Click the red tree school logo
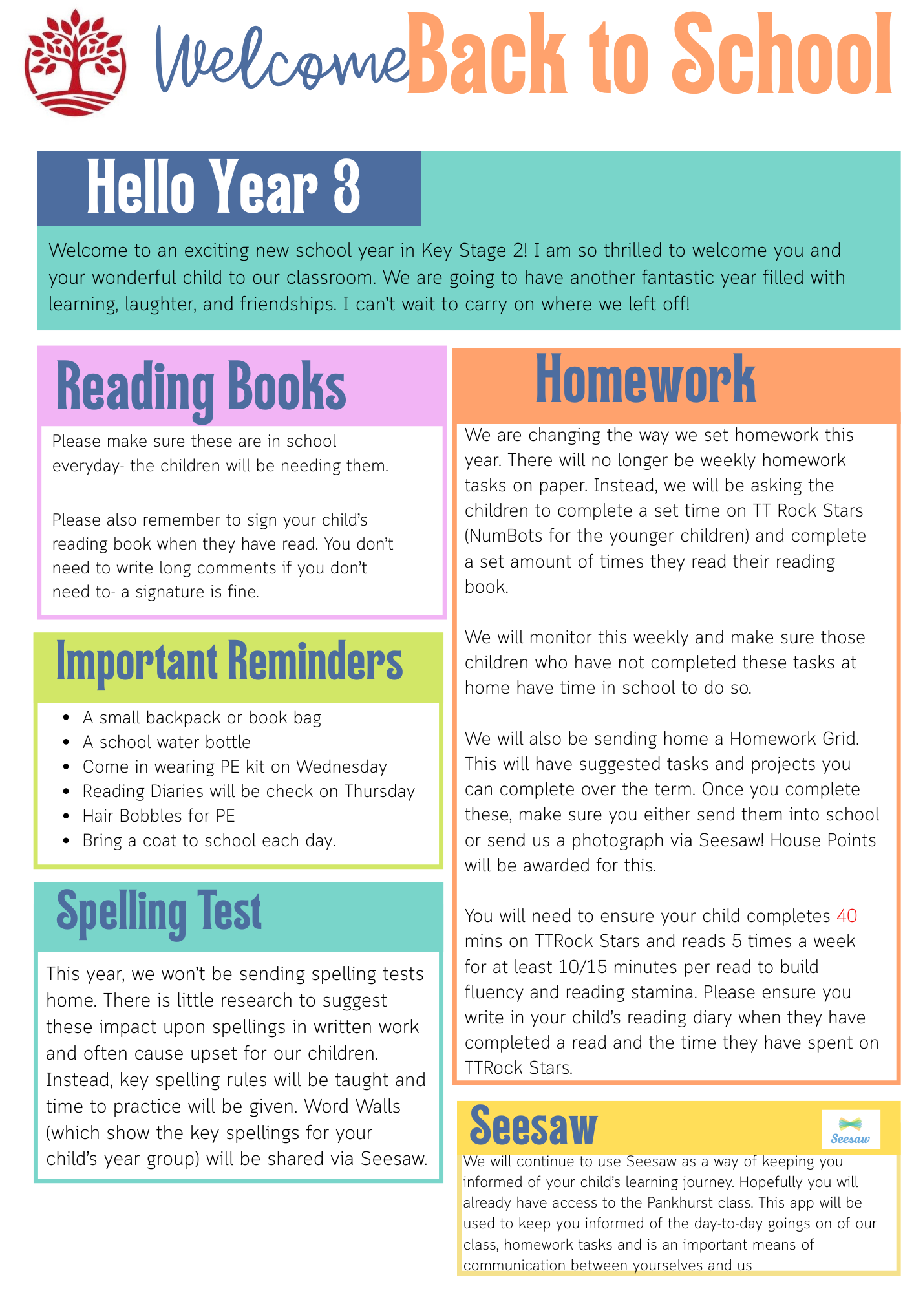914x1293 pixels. coord(75,63)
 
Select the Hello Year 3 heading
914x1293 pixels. coord(224,187)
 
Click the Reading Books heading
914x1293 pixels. coord(201,387)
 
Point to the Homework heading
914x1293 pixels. coord(645,381)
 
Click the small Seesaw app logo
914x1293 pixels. coord(850,1129)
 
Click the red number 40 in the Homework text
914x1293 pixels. coord(847,916)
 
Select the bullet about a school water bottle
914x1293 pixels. coord(166,742)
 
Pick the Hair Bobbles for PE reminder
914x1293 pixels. coord(158,816)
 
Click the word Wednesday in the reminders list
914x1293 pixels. coord(341,767)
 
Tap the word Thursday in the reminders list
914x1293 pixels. coord(379,791)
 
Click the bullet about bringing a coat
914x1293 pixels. coord(209,840)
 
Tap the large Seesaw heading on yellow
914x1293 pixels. coord(533,1127)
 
